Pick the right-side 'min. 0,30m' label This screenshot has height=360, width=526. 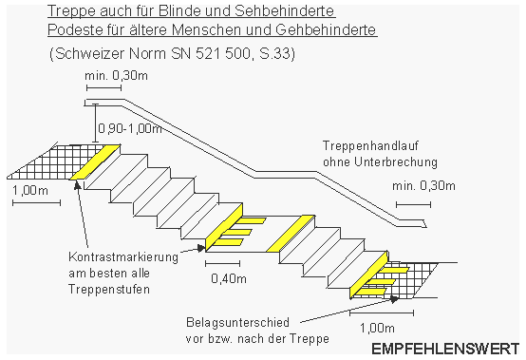(x=424, y=188)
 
